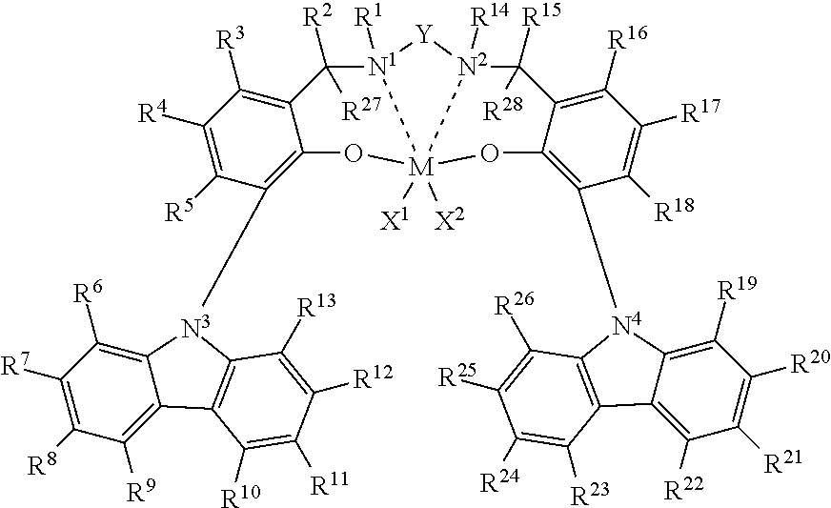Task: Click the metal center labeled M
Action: [x=421, y=168]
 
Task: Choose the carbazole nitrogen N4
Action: [x=627, y=325]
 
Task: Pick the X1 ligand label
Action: [x=395, y=218]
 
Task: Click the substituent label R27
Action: [x=360, y=110]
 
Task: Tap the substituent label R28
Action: [x=503, y=110]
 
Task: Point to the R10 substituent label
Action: [x=240, y=494]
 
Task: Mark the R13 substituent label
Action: [x=315, y=307]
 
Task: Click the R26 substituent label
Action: [x=514, y=304]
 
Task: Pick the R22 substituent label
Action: [x=683, y=488]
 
